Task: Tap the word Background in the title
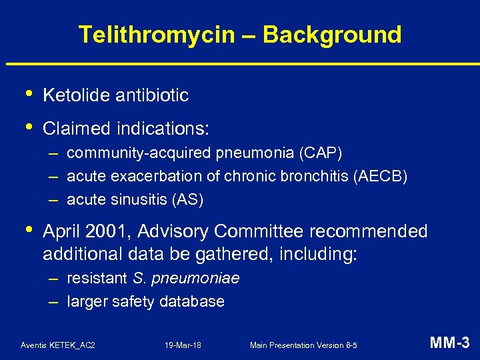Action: click(x=333, y=35)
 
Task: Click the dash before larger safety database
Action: click(x=53, y=301)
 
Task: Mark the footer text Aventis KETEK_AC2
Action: click(x=58, y=345)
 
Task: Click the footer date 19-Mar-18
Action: click(x=183, y=345)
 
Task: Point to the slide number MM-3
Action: click(x=450, y=343)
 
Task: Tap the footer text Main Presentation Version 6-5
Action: click(x=303, y=345)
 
